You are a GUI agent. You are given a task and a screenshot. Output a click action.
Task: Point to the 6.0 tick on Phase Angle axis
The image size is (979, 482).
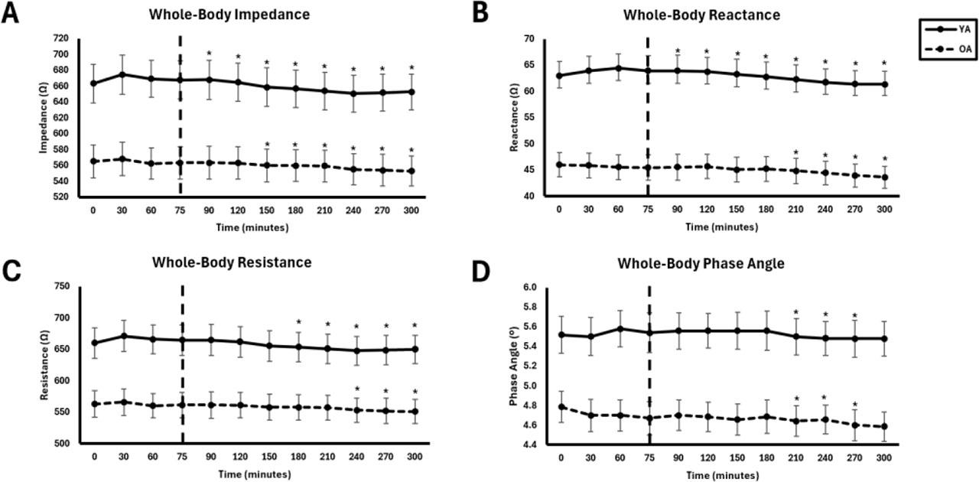coord(531,288)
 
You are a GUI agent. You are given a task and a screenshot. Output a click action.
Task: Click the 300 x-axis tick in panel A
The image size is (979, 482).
coord(411,208)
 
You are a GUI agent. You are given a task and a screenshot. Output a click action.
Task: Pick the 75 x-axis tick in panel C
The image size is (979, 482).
coord(182,456)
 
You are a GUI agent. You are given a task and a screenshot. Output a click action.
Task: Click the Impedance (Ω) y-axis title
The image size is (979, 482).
coord(44,116)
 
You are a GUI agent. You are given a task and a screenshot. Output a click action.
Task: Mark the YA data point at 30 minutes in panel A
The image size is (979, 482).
coord(122,75)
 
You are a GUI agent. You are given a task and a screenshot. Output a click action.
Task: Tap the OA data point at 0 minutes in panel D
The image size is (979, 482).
coord(561,407)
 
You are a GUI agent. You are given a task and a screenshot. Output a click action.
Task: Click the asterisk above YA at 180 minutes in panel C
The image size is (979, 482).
coord(299,322)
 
